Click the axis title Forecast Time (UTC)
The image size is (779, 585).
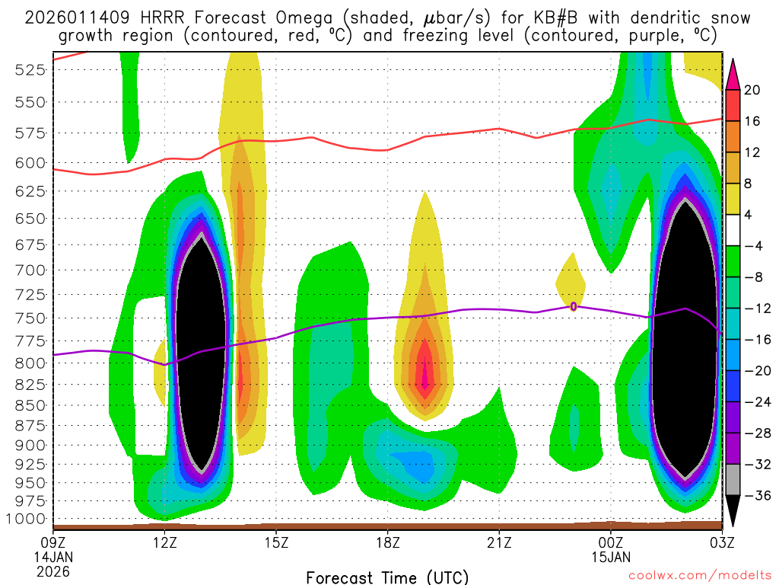click(x=387, y=577)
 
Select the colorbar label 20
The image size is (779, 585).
click(x=752, y=90)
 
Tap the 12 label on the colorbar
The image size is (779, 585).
click(x=752, y=152)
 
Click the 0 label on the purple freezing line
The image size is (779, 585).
click(x=573, y=306)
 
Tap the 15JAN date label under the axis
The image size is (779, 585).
click(x=610, y=557)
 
